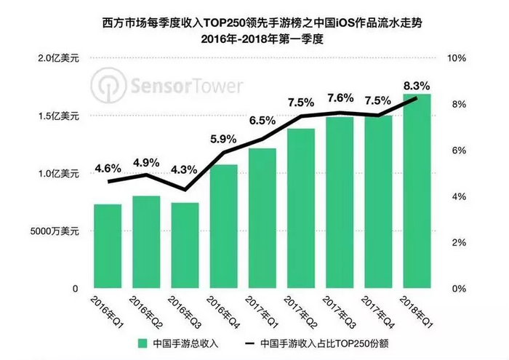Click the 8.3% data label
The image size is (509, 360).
click(x=417, y=86)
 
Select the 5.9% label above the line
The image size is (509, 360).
click(x=223, y=139)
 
